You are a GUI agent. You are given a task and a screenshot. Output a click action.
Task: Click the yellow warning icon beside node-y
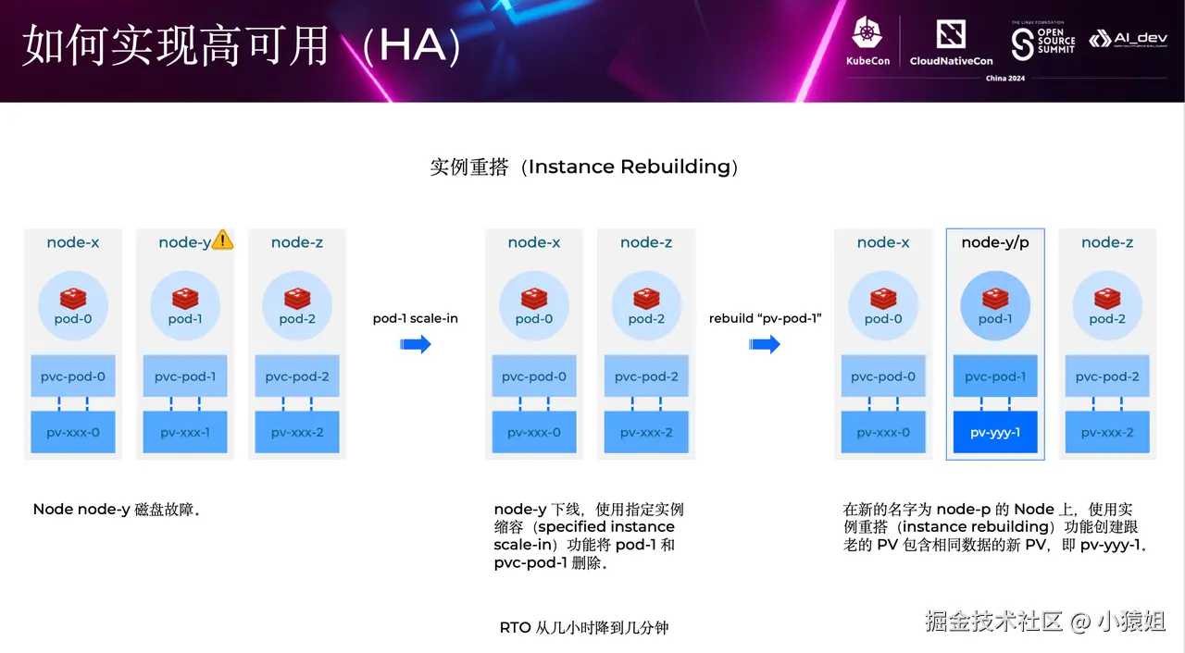[222, 240]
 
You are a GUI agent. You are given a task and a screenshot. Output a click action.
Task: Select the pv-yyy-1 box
[995, 432]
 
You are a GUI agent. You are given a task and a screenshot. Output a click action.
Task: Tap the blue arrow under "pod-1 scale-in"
[416, 345]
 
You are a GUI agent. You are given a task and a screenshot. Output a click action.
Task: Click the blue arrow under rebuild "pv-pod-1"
[766, 345]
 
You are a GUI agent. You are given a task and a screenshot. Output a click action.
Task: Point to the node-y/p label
[994, 242]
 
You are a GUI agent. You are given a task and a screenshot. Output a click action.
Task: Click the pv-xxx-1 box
[185, 432]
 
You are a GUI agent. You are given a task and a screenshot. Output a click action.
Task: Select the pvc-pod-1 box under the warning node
[185, 376]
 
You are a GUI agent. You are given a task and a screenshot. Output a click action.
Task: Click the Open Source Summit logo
[1043, 40]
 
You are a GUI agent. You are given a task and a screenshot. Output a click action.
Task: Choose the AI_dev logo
[1128, 39]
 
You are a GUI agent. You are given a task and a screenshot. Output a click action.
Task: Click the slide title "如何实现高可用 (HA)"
[241, 46]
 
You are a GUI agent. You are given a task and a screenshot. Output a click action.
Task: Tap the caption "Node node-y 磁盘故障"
[117, 510]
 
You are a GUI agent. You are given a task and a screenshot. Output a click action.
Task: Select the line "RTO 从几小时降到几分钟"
[583, 628]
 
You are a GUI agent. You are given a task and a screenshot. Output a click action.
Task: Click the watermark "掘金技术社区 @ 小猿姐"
[1044, 622]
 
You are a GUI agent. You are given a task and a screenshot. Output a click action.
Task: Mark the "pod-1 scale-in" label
[416, 318]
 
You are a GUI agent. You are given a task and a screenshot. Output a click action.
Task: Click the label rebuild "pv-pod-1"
[766, 318]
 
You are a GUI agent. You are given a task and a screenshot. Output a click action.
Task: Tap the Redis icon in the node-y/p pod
[995, 298]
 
